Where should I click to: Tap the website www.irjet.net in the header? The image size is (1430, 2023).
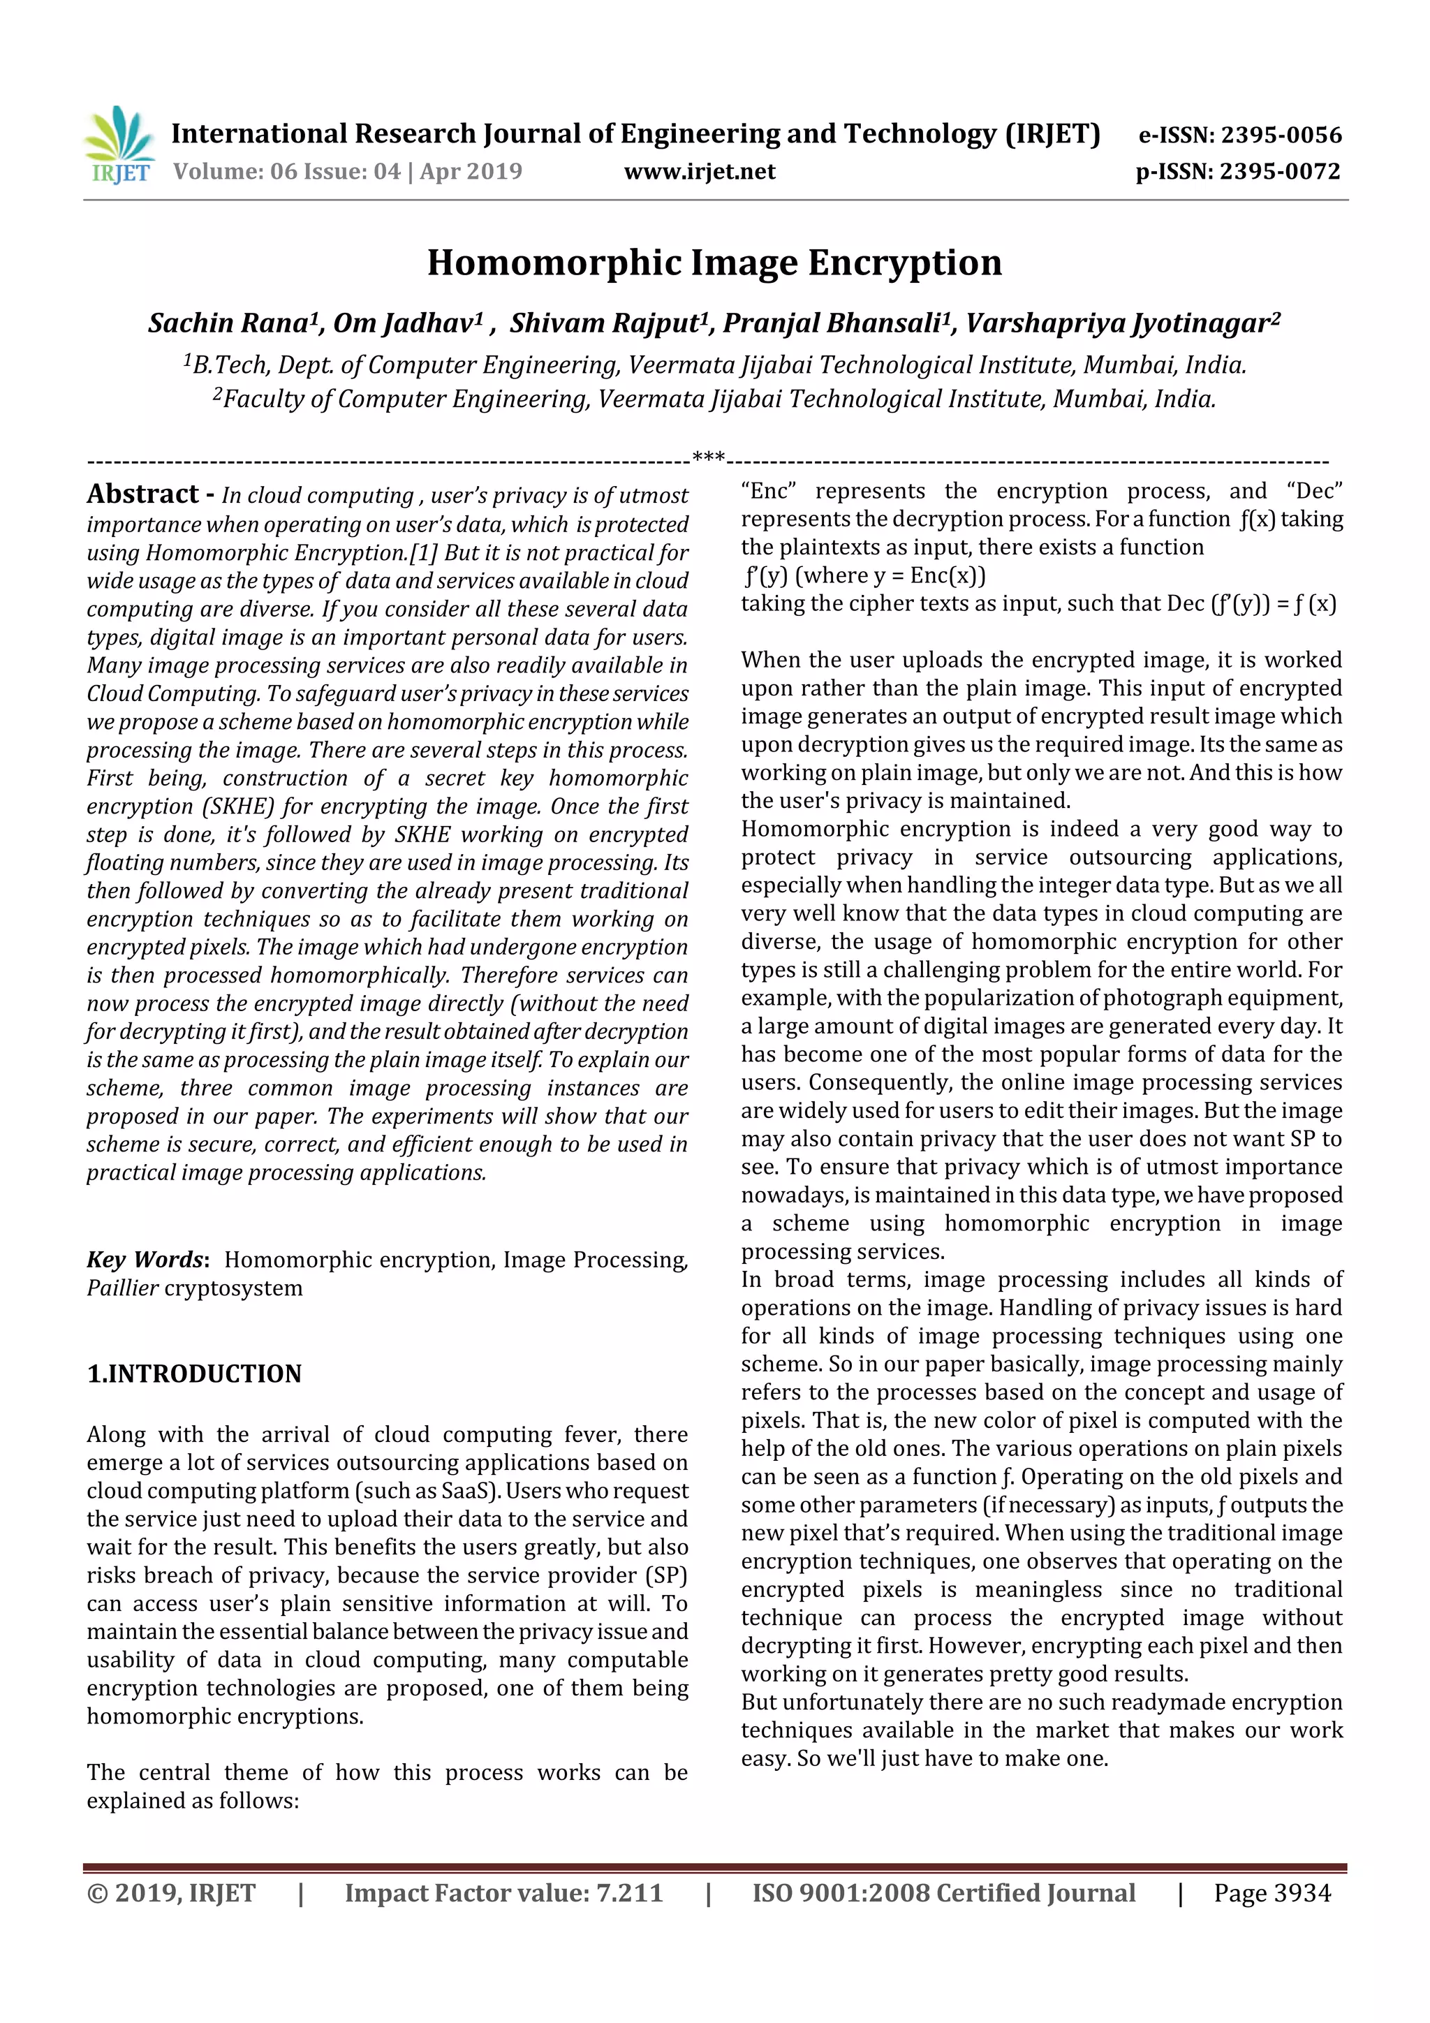(700, 172)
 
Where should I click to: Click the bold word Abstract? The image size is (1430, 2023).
(142, 494)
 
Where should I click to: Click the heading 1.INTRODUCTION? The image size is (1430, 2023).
(194, 1374)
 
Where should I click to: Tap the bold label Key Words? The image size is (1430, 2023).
(145, 1260)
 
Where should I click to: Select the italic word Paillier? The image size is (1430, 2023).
(122, 1288)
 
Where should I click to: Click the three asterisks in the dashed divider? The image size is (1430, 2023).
(709, 457)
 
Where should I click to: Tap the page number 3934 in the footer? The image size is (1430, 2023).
(1302, 1894)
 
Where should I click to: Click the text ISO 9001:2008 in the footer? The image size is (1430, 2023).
(840, 1894)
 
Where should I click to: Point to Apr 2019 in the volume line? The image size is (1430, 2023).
(471, 172)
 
